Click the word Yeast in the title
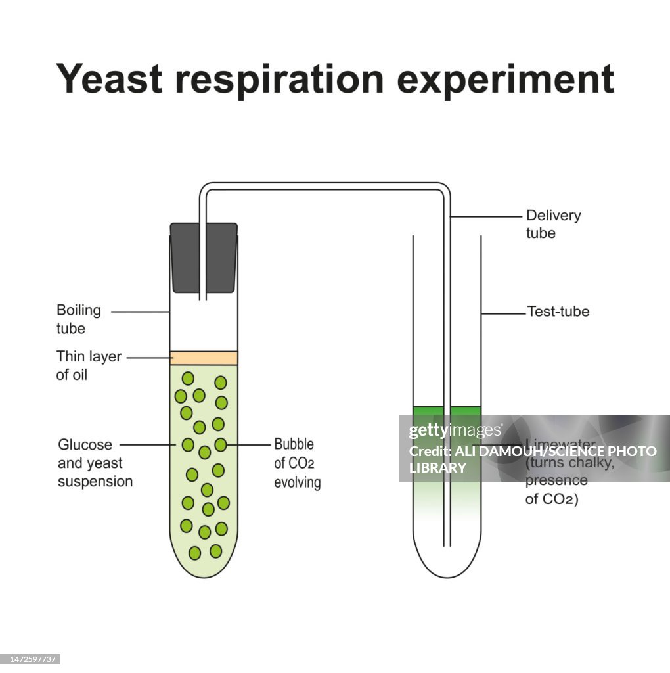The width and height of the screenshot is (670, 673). [x=109, y=80]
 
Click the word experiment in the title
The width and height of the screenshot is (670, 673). [x=505, y=80]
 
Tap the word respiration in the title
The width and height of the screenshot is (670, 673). [x=280, y=80]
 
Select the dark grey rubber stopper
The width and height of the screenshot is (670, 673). [x=204, y=257]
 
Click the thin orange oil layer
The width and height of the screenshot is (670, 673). [x=204, y=358]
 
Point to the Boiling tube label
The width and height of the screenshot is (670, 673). [x=79, y=319]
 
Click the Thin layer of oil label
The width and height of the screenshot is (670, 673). [x=89, y=365]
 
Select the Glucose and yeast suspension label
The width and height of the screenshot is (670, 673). [x=95, y=463]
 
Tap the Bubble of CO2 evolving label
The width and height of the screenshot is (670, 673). [x=297, y=463]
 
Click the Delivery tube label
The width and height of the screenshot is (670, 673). [x=553, y=224]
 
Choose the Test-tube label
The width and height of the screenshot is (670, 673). [x=558, y=312]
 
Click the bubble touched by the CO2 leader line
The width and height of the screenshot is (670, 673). [x=221, y=445]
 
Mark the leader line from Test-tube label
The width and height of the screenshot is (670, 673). [x=504, y=313]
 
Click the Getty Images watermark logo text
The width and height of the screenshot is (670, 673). [x=455, y=431]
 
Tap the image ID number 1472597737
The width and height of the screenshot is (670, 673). [x=32, y=659]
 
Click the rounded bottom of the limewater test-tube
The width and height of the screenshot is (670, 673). [x=447, y=565]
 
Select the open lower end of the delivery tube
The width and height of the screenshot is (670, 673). [x=447, y=544]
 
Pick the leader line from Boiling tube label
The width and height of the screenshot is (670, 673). [x=140, y=312]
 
